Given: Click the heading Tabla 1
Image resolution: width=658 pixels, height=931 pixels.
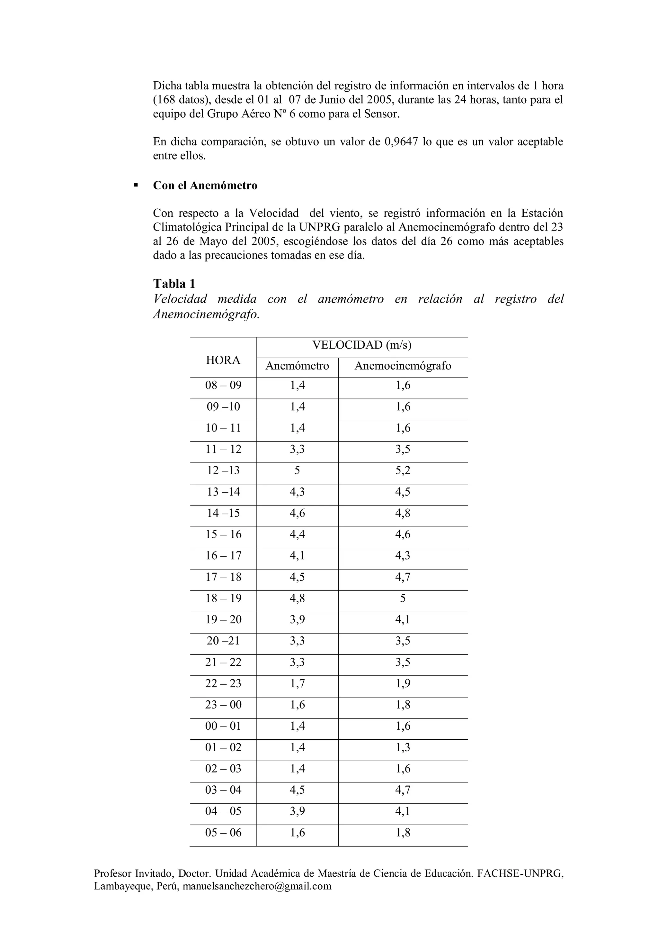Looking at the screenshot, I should (x=174, y=283).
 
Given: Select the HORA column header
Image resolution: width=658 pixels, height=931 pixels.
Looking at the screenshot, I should (x=223, y=360).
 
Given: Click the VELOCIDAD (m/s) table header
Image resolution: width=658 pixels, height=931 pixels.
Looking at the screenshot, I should (x=362, y=345).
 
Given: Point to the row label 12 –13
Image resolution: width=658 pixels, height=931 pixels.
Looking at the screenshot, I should (x=223, y=470).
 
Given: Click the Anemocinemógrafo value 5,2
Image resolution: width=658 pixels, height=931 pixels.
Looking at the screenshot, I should (x=403, y=470).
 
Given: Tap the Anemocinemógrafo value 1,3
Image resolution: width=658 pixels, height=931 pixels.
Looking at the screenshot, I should (x=403, y=747).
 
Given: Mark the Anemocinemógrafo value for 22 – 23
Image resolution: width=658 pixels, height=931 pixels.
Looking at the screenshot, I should (x=403, y=683).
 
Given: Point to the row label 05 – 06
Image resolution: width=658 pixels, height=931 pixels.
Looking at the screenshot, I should (x=223, y=833).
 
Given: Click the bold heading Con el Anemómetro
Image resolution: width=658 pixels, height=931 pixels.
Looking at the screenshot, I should (x=205, y=186).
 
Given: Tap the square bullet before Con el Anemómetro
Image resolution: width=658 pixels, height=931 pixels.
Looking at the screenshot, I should (x=136, y=185).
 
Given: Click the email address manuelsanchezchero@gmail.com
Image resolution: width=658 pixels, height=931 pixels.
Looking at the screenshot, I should (x=257, y=886).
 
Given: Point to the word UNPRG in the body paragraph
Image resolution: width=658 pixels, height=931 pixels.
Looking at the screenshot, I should (x=316, y=227).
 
